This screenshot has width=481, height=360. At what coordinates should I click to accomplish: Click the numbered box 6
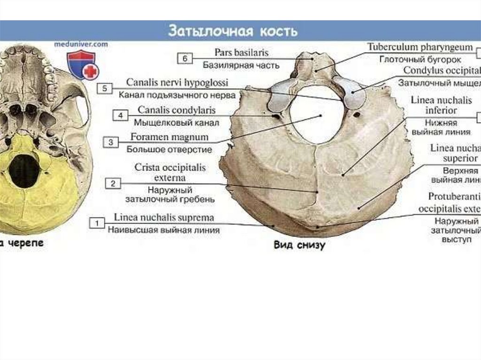click(x=185, y=59)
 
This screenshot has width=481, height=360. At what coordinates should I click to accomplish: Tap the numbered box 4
click(x=121, y=115)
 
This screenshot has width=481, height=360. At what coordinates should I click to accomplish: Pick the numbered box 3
click(x=111, y=141)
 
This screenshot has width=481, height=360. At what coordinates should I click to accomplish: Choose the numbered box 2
click(x=113, y=184)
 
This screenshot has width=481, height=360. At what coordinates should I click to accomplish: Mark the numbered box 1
click(x=97, y=223)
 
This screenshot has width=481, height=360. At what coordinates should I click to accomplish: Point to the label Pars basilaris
click(x=241, y=53)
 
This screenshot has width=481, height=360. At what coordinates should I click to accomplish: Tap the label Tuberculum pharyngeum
click(x=420, y=47)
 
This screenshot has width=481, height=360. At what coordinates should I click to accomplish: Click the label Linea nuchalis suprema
click(x=164, y=218)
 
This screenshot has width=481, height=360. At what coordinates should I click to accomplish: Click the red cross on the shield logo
click(x=91, y=71)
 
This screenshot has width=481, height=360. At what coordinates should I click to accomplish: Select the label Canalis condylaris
click(x=176, y=110)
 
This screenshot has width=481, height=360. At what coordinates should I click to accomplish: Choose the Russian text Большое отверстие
click(x=169, y=150)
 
